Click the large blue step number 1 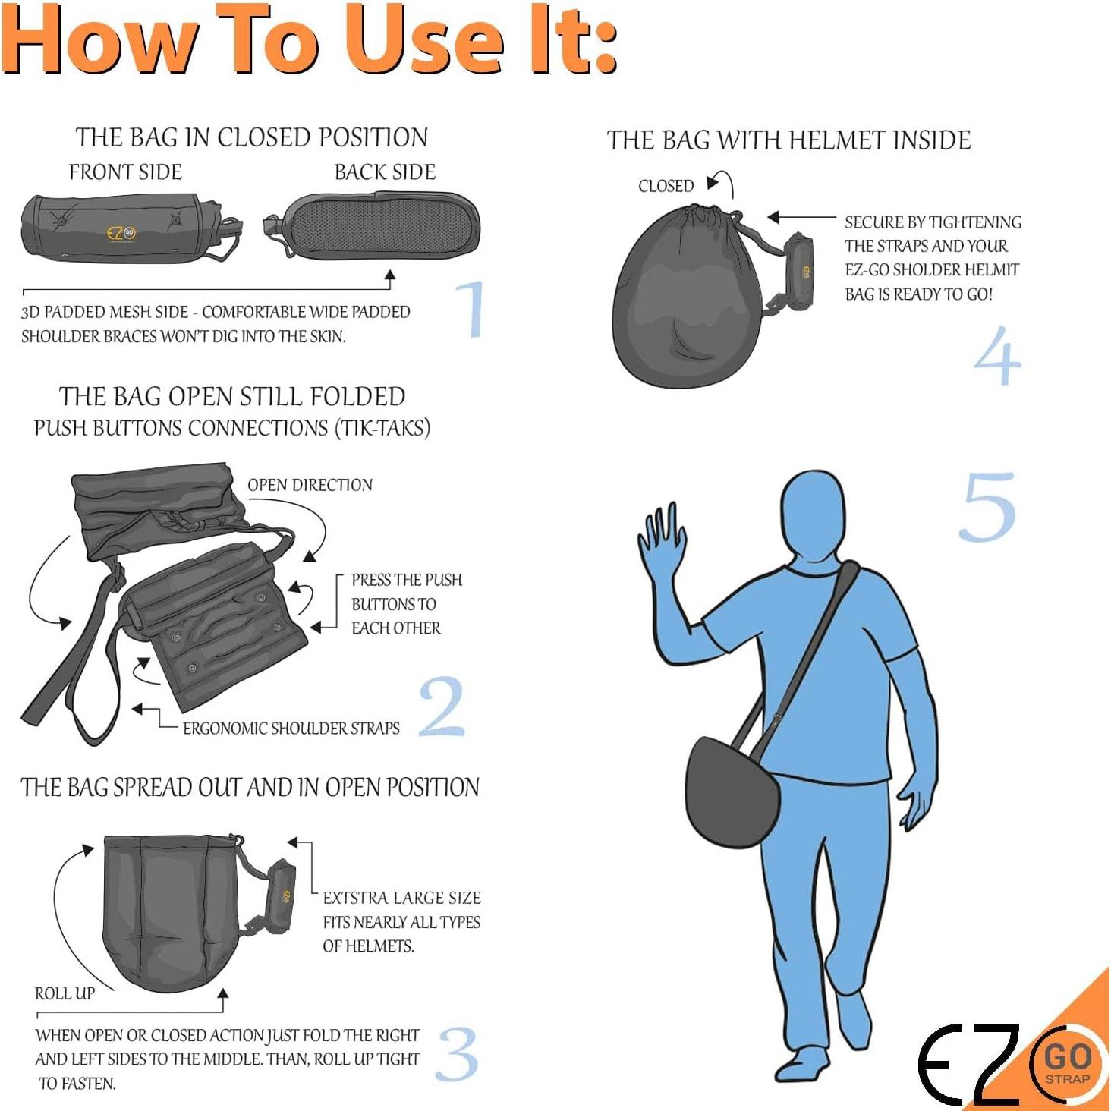point(471,308)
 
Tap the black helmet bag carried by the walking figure point(730,792)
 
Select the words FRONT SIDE point(125,172)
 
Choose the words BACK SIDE point(385,172)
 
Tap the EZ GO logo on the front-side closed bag point(121,233)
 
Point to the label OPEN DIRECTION point(310,485)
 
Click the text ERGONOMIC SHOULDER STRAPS point(291,729)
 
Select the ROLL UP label point(65,993)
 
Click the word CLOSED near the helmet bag point(666,186)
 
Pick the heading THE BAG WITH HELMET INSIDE point(788,140)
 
